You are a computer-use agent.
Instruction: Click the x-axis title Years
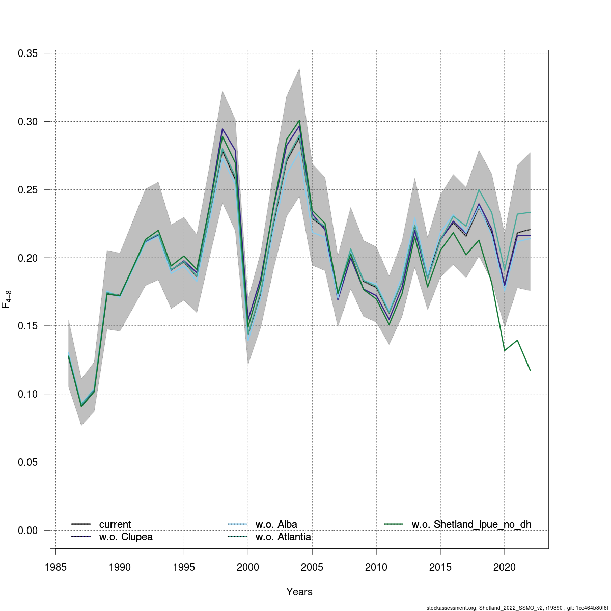tap(299, 592)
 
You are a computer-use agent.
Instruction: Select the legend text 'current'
tap(115, 524)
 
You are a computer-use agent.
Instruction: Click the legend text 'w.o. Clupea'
tap(126, 537)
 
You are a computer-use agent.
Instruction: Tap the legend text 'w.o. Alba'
tap(276, 524)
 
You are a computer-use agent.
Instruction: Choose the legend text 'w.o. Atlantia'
tap(283, 537)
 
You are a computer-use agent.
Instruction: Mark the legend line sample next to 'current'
tap(81, 524)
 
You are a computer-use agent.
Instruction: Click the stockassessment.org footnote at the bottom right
tap(517, 607)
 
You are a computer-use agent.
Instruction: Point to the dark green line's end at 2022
tap(530, 370)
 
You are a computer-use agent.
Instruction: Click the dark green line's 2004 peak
tap(299, 121)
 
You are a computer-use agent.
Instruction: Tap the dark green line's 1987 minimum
tap(81, 406)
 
